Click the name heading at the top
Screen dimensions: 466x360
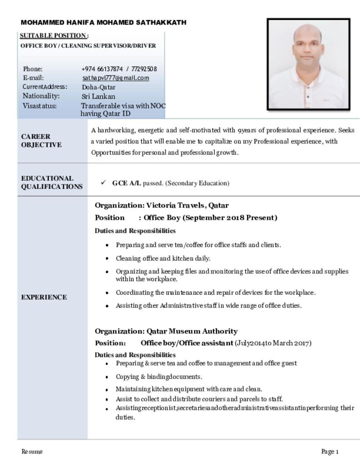tap(103, 23)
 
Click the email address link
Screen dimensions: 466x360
tap(116, 78)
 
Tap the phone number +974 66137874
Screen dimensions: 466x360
tap(102, 69)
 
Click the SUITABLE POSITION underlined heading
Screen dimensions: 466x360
tap(54, 35)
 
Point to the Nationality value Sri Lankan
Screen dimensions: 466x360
tap(98, 96)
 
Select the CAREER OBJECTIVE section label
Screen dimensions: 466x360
tap(41, 141)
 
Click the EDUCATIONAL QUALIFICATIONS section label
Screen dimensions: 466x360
tap(52, 182)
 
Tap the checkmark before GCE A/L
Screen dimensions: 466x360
tap(103, 182)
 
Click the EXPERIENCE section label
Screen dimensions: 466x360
tap(44, 297)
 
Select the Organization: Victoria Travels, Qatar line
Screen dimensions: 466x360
tap(162, 205)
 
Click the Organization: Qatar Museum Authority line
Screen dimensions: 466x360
tap(166, 331)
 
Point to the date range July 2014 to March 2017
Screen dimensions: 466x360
tap(273, 343)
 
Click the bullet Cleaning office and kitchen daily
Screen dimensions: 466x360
tap(163, 258)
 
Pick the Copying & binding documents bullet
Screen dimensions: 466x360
tap(159, 377)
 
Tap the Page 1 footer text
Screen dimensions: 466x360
tap(330, 451)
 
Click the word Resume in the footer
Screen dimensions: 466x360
tap(32, 451)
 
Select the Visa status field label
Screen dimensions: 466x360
tap(40, 106)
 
